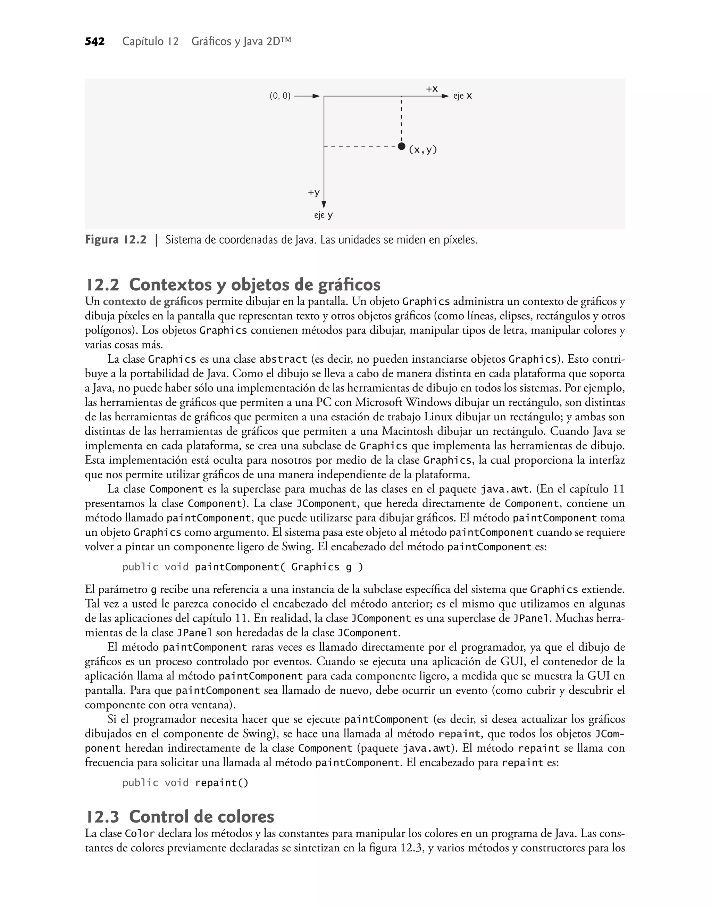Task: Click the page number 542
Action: pos(94,42)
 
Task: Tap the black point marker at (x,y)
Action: pos(401,146)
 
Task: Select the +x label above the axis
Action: pos(432,89)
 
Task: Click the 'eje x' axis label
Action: pos(462,96)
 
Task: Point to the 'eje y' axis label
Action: pos(324,215)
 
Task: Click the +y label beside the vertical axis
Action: pos(314,192)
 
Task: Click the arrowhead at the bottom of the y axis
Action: pos(324,204)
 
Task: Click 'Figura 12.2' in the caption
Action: pos(116,240)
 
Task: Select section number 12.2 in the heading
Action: pos(102,285)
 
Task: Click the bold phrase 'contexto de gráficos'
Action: pos(153,302)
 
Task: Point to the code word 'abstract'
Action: pos(283,359)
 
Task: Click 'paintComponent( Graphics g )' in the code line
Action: pos(278,567)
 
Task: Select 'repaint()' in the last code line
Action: pos(221,783)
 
